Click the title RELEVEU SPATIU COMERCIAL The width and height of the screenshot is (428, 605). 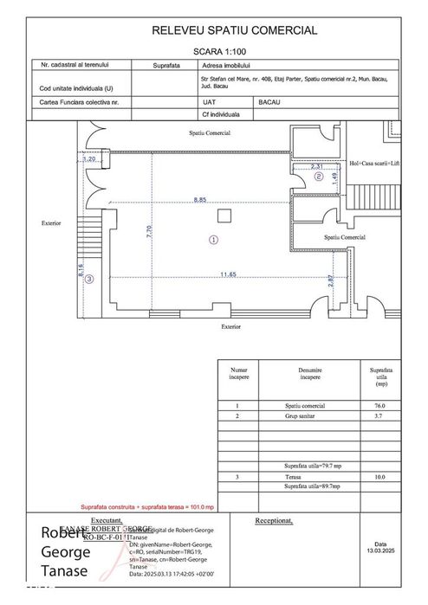[234, 30]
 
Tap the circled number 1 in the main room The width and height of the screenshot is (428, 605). [213, 240]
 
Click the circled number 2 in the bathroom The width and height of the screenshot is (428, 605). [318, 177]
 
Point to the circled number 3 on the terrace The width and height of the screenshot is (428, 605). [89, 279]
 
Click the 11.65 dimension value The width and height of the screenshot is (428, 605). [228, 274]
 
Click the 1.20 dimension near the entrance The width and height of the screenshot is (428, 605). [88, 159]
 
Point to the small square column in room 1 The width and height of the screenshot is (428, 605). [223, 215]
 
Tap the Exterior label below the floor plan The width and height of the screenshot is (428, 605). [230, 327]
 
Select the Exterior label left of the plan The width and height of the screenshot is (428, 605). [51, 222]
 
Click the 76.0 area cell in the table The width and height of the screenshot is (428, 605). [378, 405]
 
